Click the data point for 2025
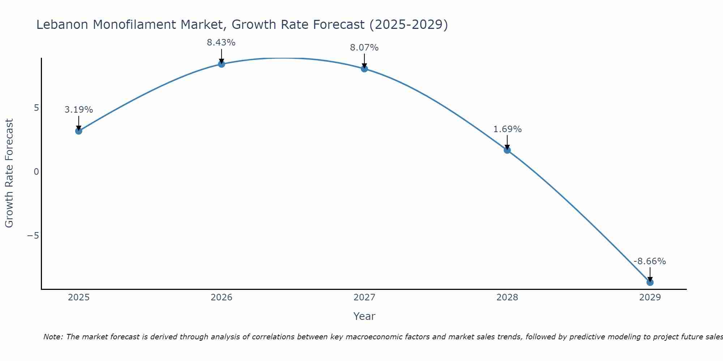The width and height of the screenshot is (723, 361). point(79,131)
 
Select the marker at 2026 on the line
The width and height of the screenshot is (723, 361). point(222,64)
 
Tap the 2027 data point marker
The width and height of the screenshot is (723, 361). point(364,69)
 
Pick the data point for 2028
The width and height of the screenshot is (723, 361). point(507,150)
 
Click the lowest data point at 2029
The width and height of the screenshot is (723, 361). point(650,282)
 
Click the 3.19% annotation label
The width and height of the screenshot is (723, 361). point(79,110)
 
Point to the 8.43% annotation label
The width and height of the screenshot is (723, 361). point(221,43)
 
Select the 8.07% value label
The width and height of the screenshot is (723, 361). point(364,48)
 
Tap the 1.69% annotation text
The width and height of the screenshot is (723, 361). point(508,129)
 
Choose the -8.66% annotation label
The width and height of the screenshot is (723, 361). point(650,261)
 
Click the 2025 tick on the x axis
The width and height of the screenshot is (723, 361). point(79,297)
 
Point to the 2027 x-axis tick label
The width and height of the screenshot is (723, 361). point(364,297)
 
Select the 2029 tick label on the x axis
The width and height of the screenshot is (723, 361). point(650,297)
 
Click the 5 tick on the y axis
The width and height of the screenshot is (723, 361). point(36,108)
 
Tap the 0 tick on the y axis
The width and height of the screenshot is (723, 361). point(36,172)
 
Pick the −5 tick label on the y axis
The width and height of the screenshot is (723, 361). point(33,236)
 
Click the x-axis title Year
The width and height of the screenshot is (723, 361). point(364,316)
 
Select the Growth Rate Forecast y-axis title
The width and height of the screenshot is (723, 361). point(9,173)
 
